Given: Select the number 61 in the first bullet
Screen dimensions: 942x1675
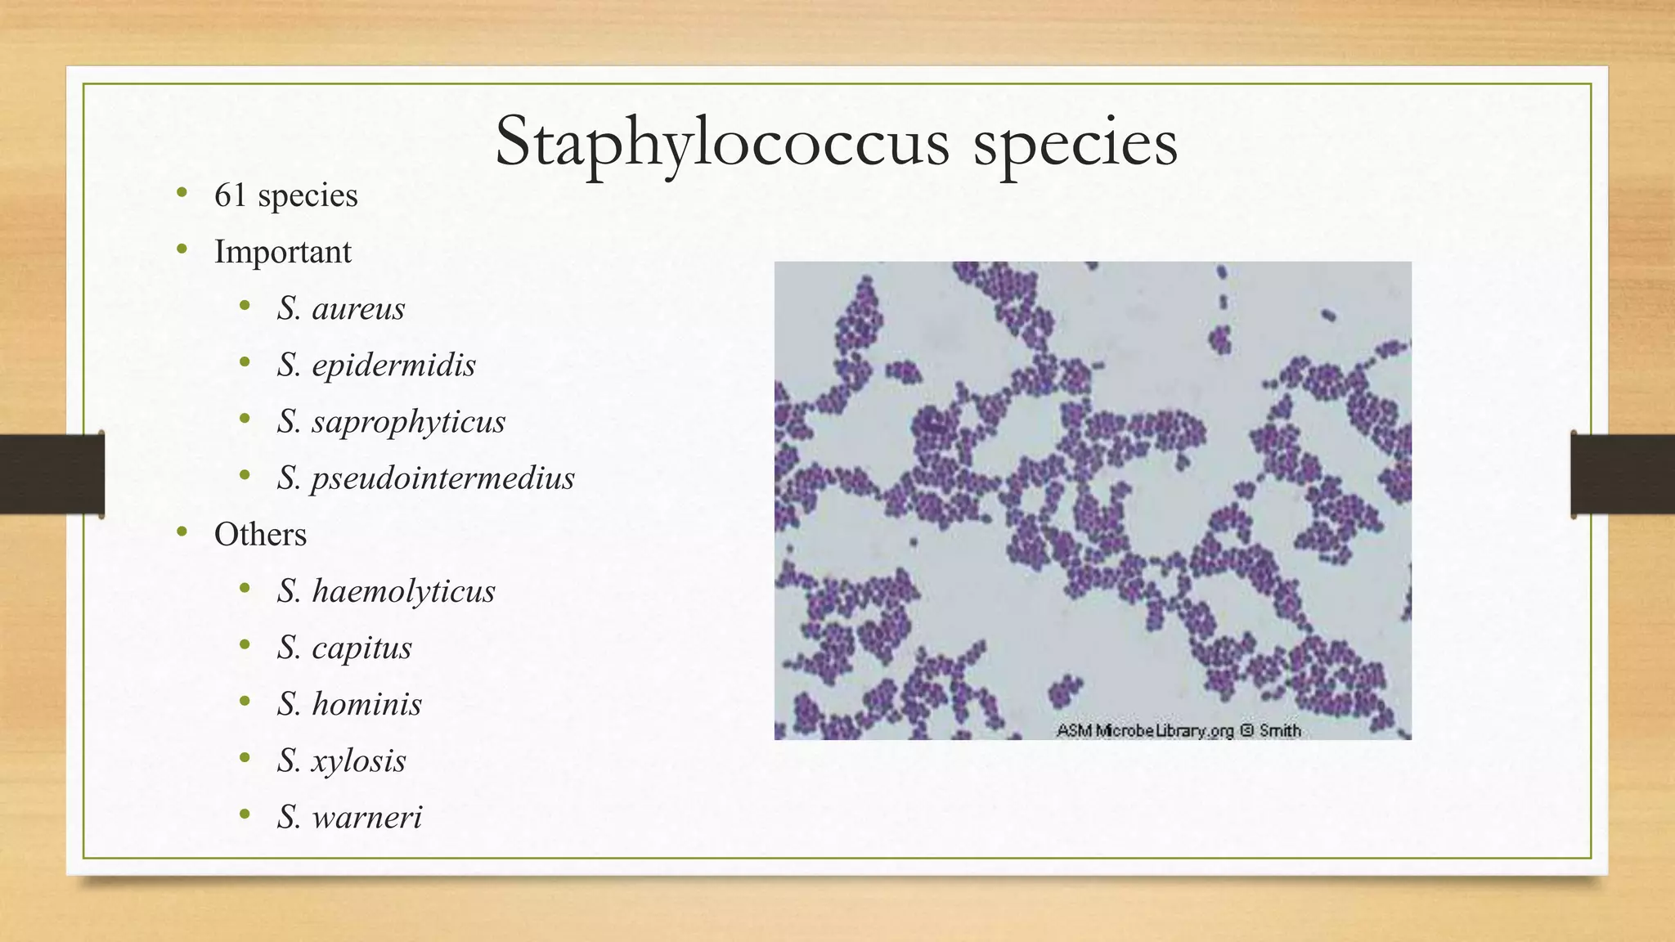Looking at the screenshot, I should [230, 195].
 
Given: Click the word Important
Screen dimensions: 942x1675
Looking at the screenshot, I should [282, 252].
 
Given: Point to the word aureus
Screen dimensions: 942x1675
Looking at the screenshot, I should [358, 309].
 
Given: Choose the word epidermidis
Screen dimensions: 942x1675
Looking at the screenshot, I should [393, 366].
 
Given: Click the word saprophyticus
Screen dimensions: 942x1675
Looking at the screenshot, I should [408, 422].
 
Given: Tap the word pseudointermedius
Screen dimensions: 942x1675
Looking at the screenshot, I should [442, 478].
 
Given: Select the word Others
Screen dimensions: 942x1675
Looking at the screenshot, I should [260, 535].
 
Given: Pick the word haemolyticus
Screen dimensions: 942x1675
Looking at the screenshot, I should [403, 591].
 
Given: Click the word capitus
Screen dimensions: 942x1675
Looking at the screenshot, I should [361, 648].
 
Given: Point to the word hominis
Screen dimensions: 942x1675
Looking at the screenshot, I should [366, 704].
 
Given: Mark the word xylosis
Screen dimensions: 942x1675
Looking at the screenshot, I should [358, 760].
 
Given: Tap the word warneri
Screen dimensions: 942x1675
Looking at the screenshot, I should [366, 817].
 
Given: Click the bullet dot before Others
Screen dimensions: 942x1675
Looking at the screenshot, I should [182, 533].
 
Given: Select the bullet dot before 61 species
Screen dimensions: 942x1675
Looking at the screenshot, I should [182, 194].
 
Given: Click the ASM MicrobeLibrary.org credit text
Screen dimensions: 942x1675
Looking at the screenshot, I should [1145, 730].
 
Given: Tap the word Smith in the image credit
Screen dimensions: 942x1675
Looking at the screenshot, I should [1280, 730].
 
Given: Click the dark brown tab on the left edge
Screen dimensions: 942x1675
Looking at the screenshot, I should [52, 474].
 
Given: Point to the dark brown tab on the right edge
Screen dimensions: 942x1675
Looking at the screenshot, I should [1623, 474].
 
